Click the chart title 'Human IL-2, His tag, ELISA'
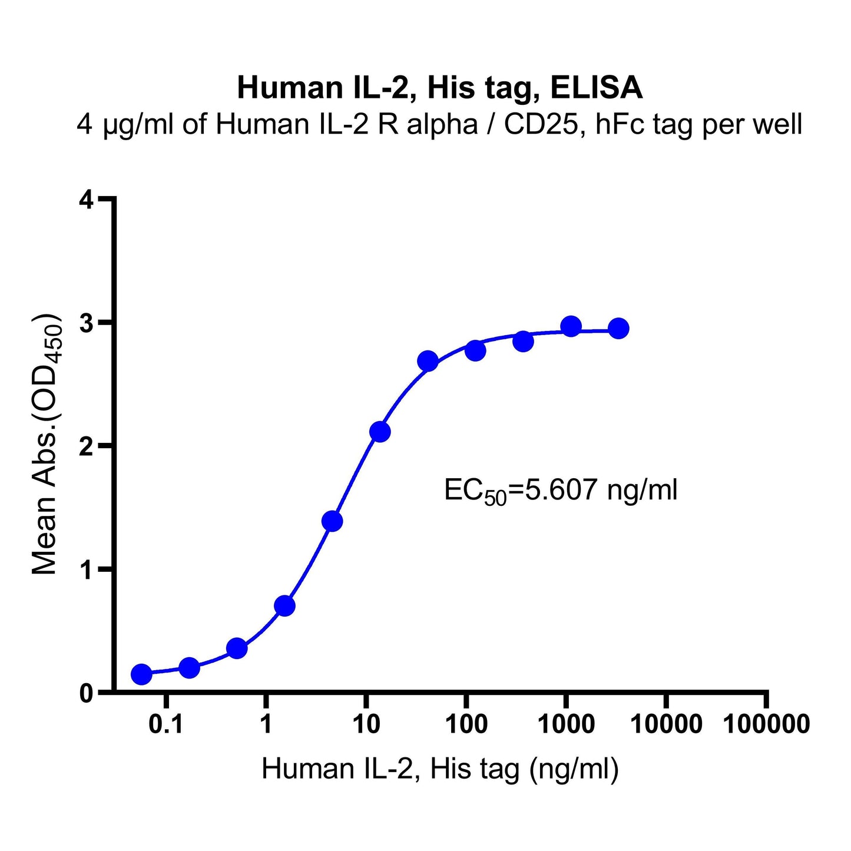point(439,88)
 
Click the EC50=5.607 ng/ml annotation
point(561,490)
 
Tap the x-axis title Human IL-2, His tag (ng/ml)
point(439,769)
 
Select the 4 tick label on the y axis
point(86,200)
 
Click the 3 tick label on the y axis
point(86,323)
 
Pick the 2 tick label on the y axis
point(86,446)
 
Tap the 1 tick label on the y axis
point(86,569)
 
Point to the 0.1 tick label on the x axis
point(166,724)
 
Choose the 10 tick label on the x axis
point(366,724)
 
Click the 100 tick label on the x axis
point(466,724)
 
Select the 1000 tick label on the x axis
point(566,724)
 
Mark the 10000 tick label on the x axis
point(666,724)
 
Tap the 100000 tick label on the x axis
point(766,724)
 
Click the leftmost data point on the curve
point(141,674)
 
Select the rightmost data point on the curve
point(618,328)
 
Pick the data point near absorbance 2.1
point(380,432)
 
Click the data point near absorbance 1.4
point(332,521)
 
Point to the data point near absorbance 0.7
point(284,605)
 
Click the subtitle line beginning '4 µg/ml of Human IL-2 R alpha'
point(439,125)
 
